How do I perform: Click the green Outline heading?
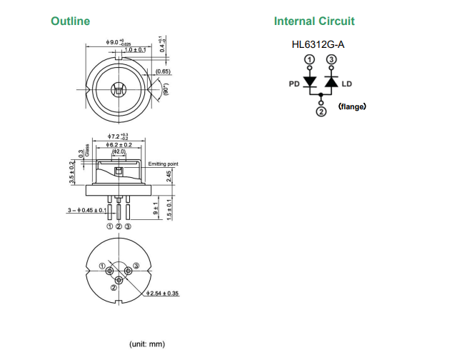[x=70, y=21]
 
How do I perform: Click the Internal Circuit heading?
[x=313, y=21]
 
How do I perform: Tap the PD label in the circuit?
[x=293, y=84]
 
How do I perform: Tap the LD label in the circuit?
[x=347, y=84]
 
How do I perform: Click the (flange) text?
[x=352, y=107]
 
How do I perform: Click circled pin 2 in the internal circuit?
[x=321, y=111]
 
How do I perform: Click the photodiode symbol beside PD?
[x=310, y=81]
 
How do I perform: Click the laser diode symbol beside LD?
[x=331, y=81]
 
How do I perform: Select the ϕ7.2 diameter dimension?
[x=118, y=136]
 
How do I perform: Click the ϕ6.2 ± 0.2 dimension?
[x=118, y=144]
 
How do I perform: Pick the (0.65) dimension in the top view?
[x=163, y=71]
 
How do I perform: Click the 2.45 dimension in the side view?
[x=169, y=176]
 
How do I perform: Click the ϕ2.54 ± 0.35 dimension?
[x=162, y=294]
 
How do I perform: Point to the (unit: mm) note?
[x=146, y=344]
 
